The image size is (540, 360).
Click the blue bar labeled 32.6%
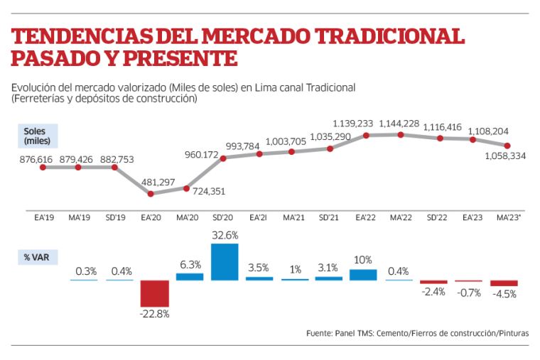(x=225, y=261)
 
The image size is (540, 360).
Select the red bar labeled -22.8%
(x=154, y=293)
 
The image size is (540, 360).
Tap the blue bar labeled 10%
(x=364, y=274)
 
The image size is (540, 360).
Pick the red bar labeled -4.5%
(x=504, y=283)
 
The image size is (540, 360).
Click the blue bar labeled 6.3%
(x=190, y=276)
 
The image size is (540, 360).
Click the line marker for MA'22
(x=400, y=134)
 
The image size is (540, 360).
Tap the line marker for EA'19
(x=43, y=167)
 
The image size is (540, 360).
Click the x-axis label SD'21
(x=329, y=217)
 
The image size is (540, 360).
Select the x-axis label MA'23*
(x=507, y=217)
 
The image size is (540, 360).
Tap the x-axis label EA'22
(x=364, y=217)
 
